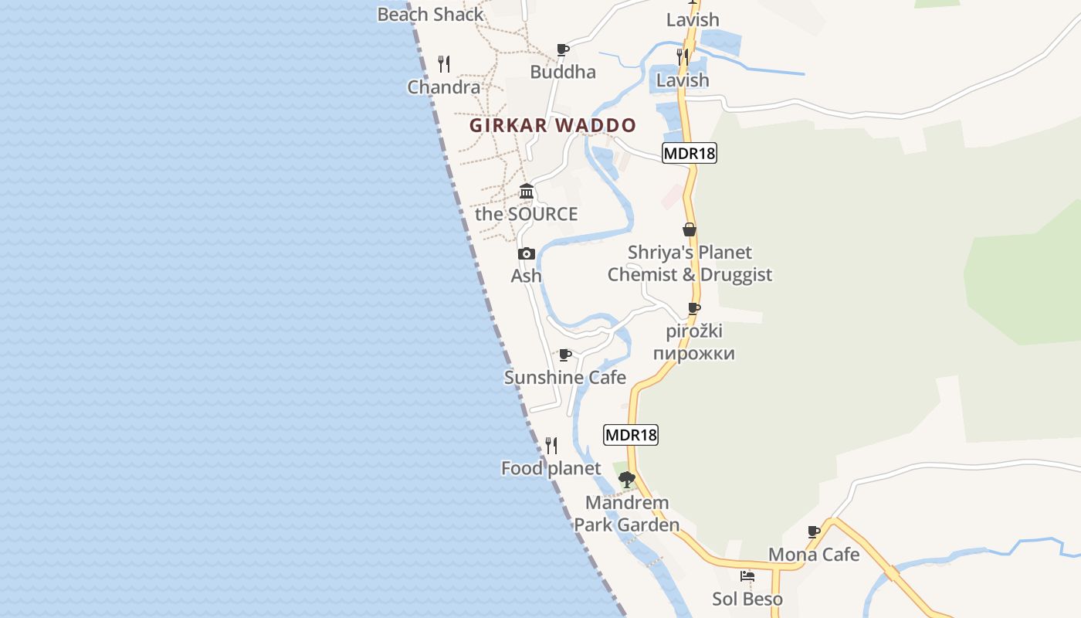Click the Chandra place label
(x=444, y=87)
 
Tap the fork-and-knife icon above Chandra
(x=444, y=63)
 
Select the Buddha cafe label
(x=563, y=72)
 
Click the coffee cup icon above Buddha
(x=563, y=50)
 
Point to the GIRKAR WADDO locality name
(x=553, y=125)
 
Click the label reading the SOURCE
(x=526, y=214)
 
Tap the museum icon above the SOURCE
(x=527, y=191)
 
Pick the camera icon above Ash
(x=527, y=253)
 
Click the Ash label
(x=527, y=276)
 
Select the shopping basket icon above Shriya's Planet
(x=690, y=229)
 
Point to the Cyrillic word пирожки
(x=693, y=354)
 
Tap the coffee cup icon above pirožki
(x=694, y=309)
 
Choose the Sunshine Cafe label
(x=565, y=377)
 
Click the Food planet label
(x=551, y=468)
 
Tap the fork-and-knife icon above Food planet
(x=551, y=446)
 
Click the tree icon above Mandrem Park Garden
(x=627, y=479)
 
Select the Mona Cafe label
(x=814, y=554)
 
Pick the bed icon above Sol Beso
(x=747, y=576)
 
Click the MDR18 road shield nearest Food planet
(x=631, y=435)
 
